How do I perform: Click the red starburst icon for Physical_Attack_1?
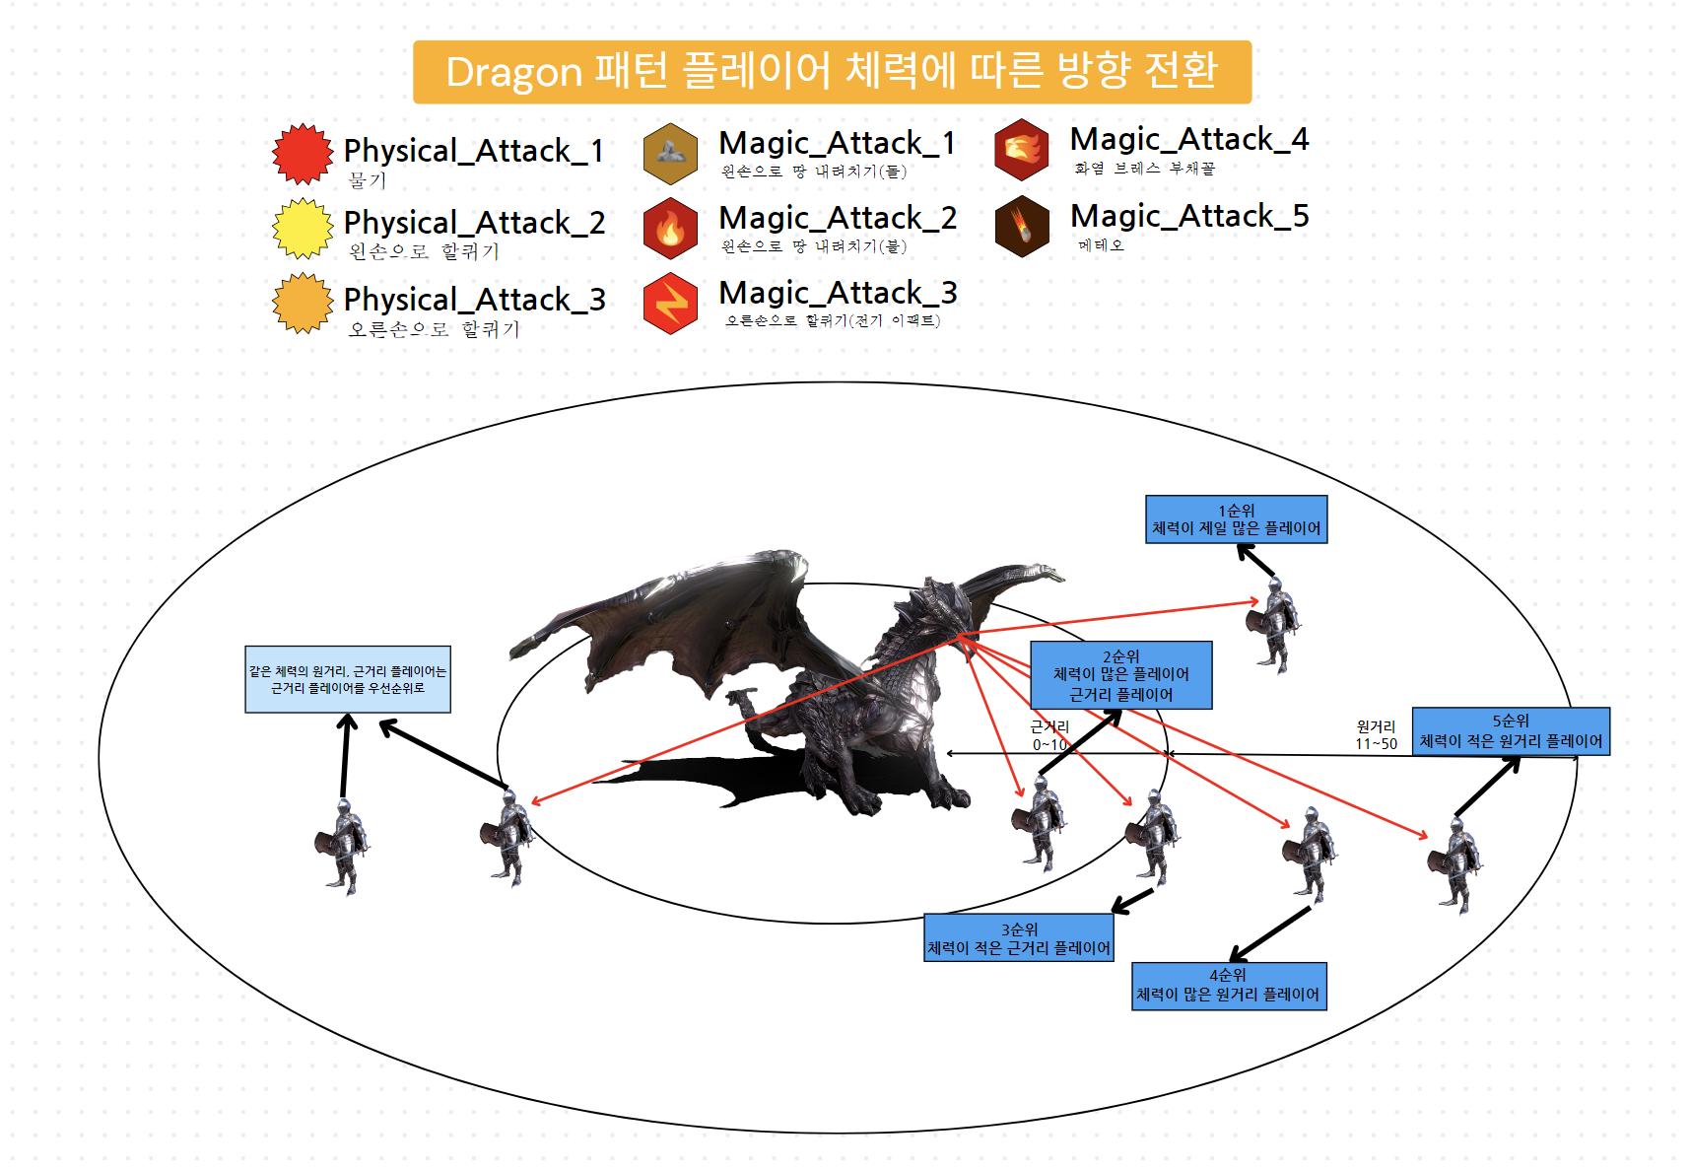tap(303, 154)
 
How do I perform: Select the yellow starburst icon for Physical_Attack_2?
tap(303, 229)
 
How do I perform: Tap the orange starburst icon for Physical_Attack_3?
tap(303, 304)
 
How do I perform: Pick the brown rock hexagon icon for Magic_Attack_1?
tap(670, 154)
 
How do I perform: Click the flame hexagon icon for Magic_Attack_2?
tap(670, 229)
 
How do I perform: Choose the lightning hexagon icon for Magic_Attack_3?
tap(670, 304)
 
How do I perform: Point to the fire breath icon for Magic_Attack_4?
tap(1022, 150)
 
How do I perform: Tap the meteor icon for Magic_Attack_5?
tap(1022, 226)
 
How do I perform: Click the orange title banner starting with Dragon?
tap(832, 72)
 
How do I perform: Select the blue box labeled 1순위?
tap(1236, 519)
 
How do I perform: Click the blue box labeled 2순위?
tap(1120, 675)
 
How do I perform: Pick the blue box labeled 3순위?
tap(1019, 938)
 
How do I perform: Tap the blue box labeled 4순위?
tap(1228, 986)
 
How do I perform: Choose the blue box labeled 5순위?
tap(1510, 731)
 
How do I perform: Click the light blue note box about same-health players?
tap(347, 679)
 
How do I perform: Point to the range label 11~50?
tap(1376, 744)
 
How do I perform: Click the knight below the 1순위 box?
tap(1275, 625)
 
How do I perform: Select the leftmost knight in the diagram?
tap(342, 847)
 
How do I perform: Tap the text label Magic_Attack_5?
tap(1189, 216)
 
